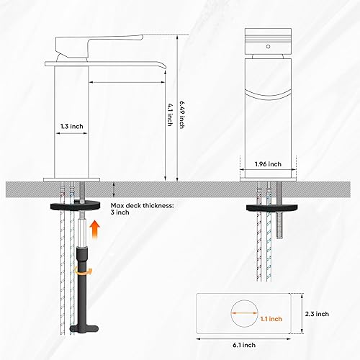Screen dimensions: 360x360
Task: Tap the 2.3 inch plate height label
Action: [318, 314]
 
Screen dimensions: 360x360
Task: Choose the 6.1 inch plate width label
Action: [248, 346]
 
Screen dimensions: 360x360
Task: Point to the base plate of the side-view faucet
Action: [75, 177]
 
